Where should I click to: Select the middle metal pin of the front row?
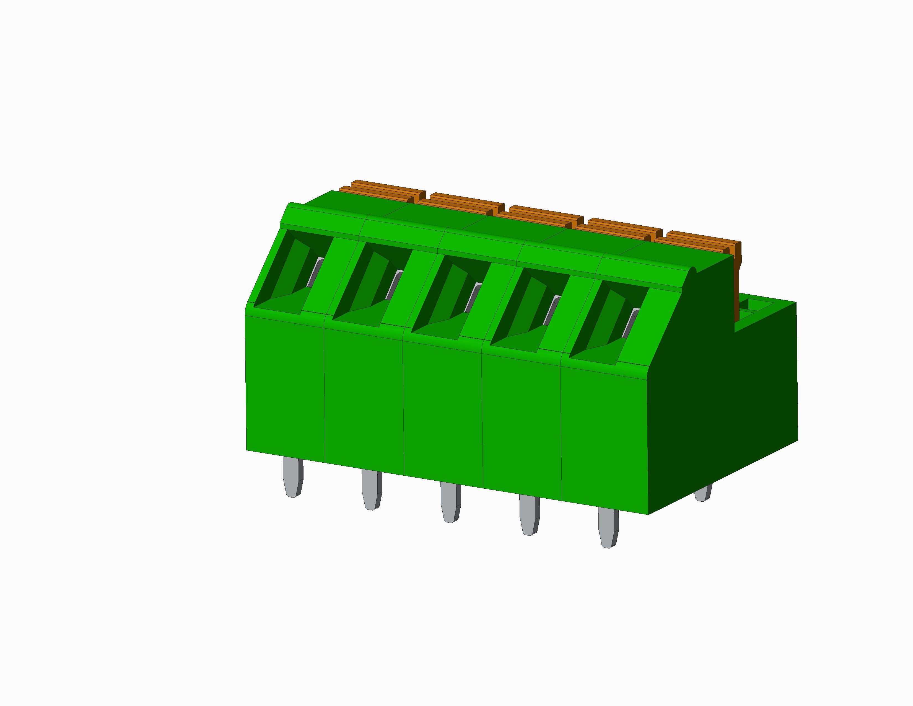click(x=450, y=502)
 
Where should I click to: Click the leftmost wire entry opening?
click(x=289, y=272)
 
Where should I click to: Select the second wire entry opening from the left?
click(x=368, y=284)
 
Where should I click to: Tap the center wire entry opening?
click(x=447, y=297)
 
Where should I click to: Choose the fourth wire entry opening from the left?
click(x=525, y=310)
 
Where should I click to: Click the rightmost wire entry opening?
click(x=604, y=322)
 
